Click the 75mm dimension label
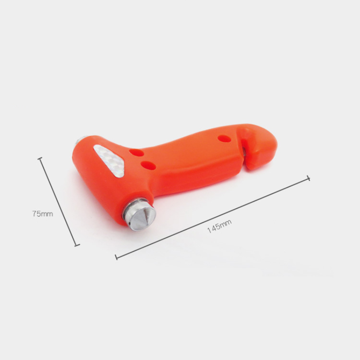(42, 214)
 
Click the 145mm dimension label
(219, 226)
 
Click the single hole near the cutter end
(224, 139)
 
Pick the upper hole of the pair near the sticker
(136, 153)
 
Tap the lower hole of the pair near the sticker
(148, 166)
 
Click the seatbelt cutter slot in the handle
(245, 149)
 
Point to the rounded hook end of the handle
(262, 147)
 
